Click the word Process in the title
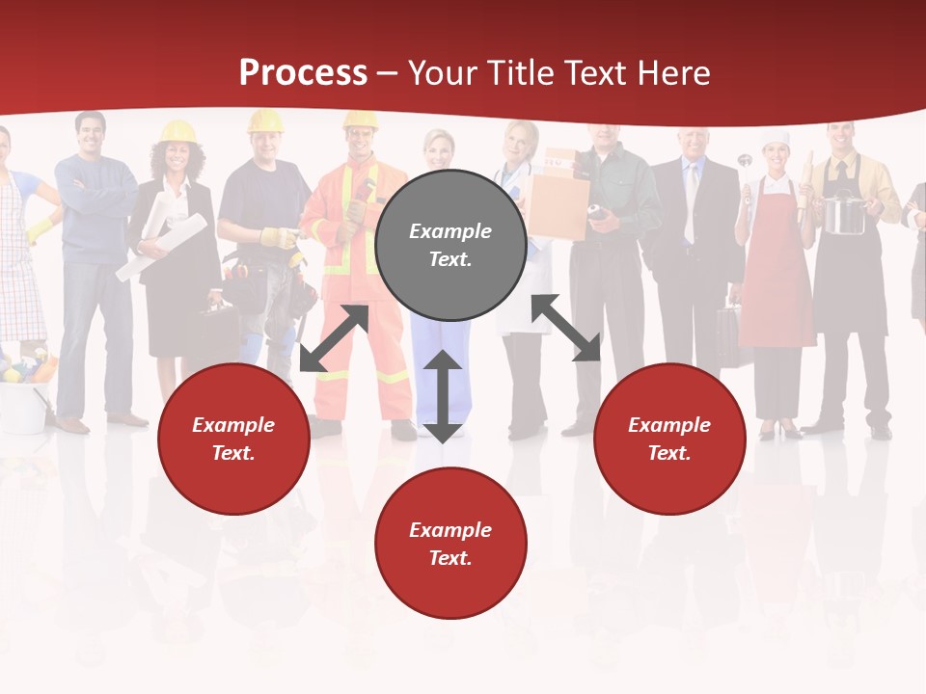click(x=303, y=73)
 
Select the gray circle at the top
click(x=450, y=245)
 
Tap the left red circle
click(x=233, y=439)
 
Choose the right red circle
click(x=669, y=439)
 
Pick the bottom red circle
click(x=450, y=544)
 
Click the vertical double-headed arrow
click(x=443, y=396)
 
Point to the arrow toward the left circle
click(x=334, y=338)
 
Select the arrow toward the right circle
click(x=566, y=328)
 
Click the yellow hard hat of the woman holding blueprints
click(x=177, y=131)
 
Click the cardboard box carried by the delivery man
click(x=558, y=204)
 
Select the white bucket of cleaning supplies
click(x=23, y=406)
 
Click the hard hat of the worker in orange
click(x=360, y=120)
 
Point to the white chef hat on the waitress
click(x=776, y=139)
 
